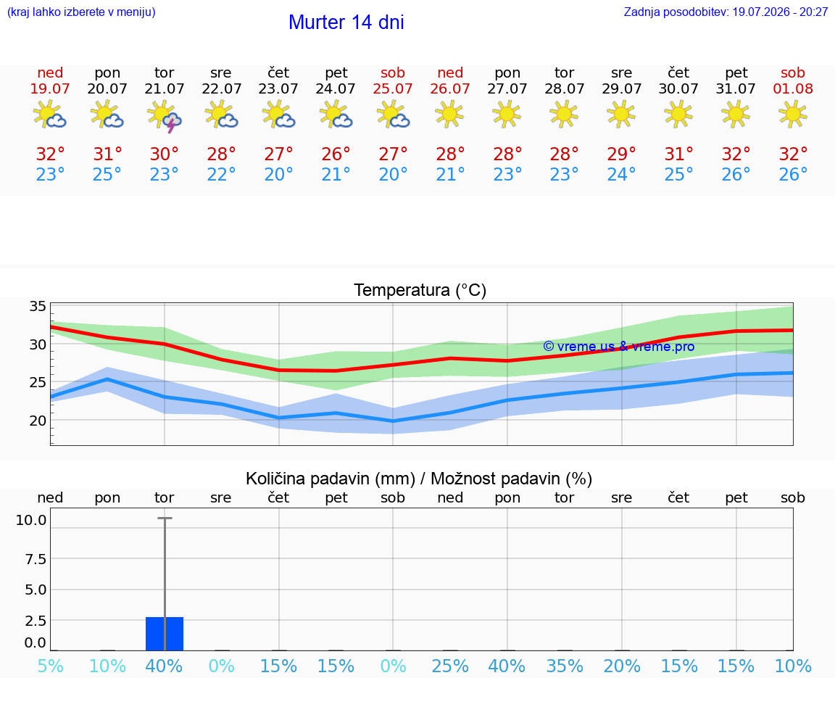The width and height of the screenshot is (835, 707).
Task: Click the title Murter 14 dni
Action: click(346, 22)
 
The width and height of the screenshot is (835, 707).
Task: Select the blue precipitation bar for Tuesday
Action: click(165, 634)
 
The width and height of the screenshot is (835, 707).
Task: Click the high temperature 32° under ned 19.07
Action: click(50, 154)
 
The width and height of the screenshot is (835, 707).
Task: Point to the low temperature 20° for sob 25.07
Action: click(393, 174)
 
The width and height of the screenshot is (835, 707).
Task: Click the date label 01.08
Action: click(793, 88)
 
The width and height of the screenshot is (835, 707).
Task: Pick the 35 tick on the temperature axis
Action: click(37, 306)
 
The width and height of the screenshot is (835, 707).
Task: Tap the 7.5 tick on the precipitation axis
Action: click(35, 559)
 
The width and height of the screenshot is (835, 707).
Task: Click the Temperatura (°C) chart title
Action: click(420, 290)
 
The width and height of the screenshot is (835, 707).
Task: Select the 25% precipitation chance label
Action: click(450, 666)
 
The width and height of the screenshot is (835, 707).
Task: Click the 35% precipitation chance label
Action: click(565, 666)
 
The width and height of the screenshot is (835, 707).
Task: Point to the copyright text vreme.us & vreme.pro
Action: click(619, 347)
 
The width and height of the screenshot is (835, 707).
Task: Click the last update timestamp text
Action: click(726, 12)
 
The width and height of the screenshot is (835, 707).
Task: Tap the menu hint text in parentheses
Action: click(81, 12)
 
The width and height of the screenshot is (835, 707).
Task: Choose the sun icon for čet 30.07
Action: click(678, 114)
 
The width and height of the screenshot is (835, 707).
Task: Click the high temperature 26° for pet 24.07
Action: click(336, 154)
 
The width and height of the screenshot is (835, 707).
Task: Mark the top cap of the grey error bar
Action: click(165, 518)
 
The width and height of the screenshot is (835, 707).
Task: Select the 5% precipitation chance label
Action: click(50, 666)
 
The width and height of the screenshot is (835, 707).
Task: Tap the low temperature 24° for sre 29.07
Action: click(621, 174)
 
